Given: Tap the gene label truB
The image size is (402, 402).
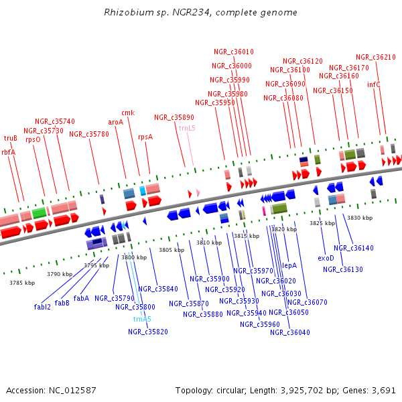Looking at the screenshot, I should pos(11,139).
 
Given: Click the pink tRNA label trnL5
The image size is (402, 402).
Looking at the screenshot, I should pos(187,127).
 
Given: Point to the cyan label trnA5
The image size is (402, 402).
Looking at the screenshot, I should pos(142,319).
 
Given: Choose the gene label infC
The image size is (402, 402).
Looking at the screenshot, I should pos(374,85).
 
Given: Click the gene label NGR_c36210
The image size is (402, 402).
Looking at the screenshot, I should pos(375,58).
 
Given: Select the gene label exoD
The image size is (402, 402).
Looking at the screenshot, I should pos(326,257).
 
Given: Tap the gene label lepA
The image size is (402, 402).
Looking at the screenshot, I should pos(289,265).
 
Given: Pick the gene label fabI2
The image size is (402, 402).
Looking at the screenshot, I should pos(42,307).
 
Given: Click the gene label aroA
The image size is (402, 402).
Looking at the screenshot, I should pos(115,123).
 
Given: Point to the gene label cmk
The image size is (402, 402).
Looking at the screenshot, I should pos(128,113).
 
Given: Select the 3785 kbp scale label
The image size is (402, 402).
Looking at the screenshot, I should pos(21,283).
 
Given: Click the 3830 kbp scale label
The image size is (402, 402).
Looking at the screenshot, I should pos(359,218).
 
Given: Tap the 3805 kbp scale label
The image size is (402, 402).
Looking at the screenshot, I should pos(171,250).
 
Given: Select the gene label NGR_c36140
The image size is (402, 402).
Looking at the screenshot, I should pos(353,248).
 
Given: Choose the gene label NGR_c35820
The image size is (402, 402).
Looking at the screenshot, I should pos(148,332).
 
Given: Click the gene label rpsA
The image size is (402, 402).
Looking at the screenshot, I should pos(145,137).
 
